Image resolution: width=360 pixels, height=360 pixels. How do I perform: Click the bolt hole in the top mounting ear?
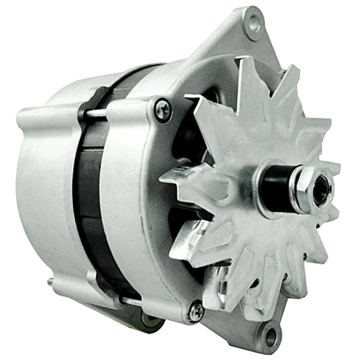tap(254, 24)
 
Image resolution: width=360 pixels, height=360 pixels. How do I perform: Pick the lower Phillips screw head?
tap(196, 310)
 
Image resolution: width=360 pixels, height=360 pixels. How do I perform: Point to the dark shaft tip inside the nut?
tap(321, 191)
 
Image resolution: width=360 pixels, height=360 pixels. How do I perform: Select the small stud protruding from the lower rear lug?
tap(51, 282)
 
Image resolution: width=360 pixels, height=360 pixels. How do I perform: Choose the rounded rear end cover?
tap(44, 187)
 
